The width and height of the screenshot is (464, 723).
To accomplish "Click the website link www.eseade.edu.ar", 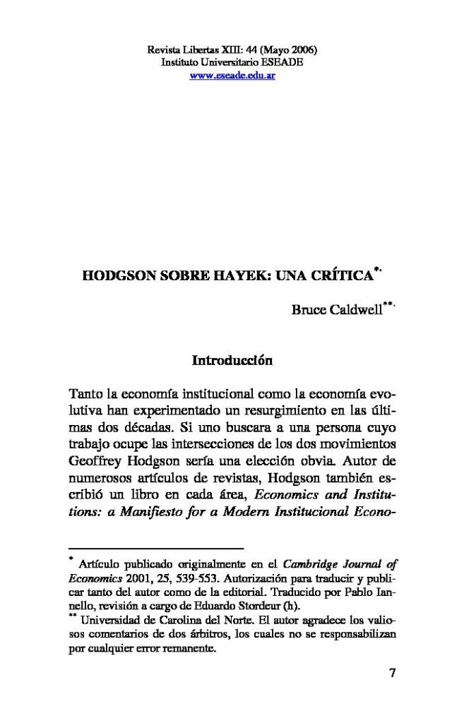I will (232, 76).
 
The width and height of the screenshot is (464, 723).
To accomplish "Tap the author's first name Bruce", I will (305, 310).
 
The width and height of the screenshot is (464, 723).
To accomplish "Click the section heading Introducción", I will (232, 360).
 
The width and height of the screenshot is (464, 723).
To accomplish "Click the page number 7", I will (393, 672).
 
